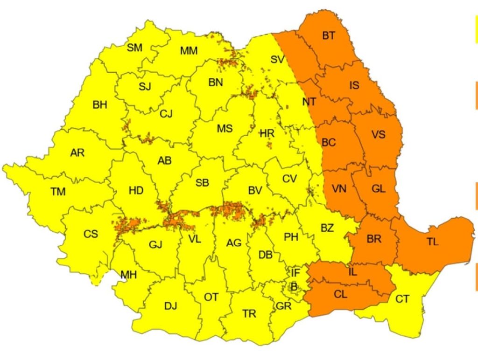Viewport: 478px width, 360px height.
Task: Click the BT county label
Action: pyautogui.click(x=329, y=35)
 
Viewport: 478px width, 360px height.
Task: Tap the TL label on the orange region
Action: pyautogui.click(x=433, y=242)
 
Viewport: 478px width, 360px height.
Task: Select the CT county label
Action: pyautogui.click(x=402, y=298)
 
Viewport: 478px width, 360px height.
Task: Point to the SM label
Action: pyautogui.click(x=135, y=48)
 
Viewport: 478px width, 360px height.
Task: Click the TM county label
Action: pyautogui.click(x=58, y=191)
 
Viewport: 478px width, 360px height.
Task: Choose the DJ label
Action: pyautogui.click(x=170, y=306)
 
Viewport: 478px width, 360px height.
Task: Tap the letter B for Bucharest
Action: pyautogui.click(x=294, y=287)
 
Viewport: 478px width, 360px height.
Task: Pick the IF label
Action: pyautogui.click(x=295, y=272)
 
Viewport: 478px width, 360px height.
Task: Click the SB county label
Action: pyautogui.click(x=202, y=183)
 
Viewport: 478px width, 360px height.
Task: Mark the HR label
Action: pyautogui.click(x=267, y=133)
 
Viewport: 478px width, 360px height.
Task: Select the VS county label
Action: pyautogui.click(x=379, y=135)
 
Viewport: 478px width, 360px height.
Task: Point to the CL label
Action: pyautogui.click(x=341, y=294)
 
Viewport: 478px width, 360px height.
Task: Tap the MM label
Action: pyautogui.click(x=189, y=51)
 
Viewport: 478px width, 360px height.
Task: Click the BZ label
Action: pyautogui.click(x=327, y=228)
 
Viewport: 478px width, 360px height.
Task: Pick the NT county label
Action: pyautogui.click(x=309, y=101)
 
